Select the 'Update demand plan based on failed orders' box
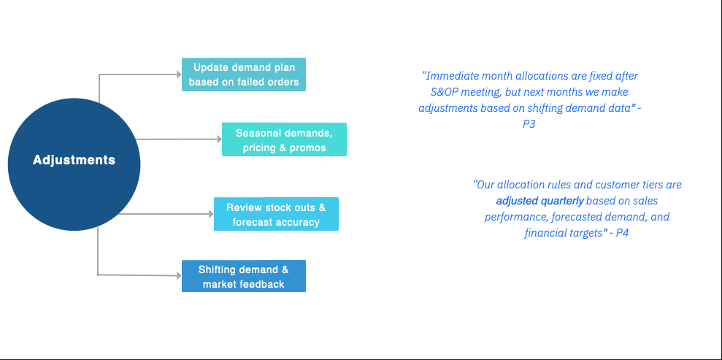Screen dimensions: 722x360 (x=243, y=74)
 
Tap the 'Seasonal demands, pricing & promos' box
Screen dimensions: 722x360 (x=284, y=139)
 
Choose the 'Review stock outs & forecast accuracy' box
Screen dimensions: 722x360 (x=276, y=214)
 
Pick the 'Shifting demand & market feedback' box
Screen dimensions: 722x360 (x=243, y=276)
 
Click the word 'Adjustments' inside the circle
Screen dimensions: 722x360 (x=74, y=160)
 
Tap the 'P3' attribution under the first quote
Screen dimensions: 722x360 (x=529, y=124)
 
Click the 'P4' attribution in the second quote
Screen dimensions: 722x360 (x=621, y=233)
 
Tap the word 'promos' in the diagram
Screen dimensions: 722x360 (x=310, y=148)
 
